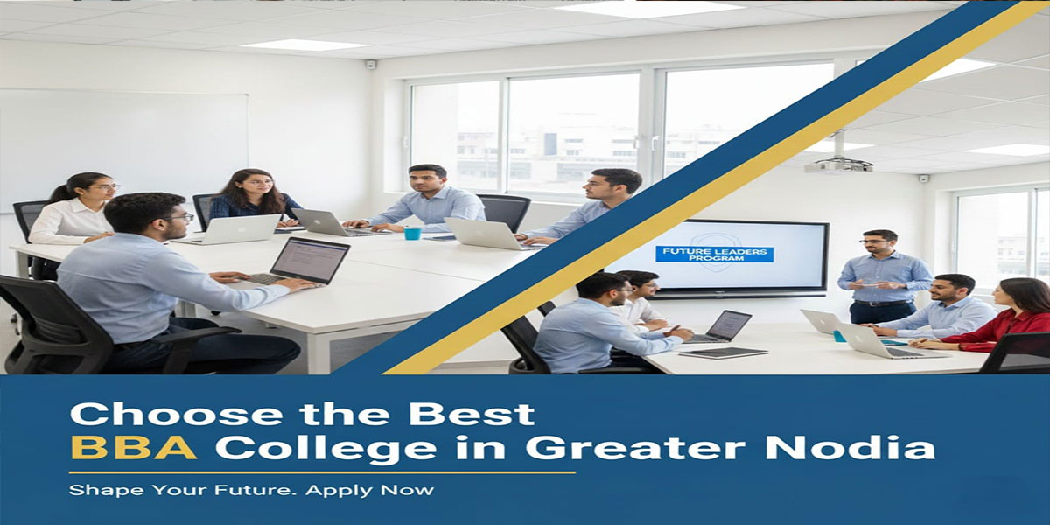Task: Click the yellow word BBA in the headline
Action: (x=133, y=447)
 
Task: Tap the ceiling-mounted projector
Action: (x=838, y=164)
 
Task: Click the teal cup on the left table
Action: (x=412, y=234)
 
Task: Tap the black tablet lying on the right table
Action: (x=724, y=353)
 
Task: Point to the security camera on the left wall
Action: (x=371, y=64)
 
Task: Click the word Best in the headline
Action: (x=486, y=414)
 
